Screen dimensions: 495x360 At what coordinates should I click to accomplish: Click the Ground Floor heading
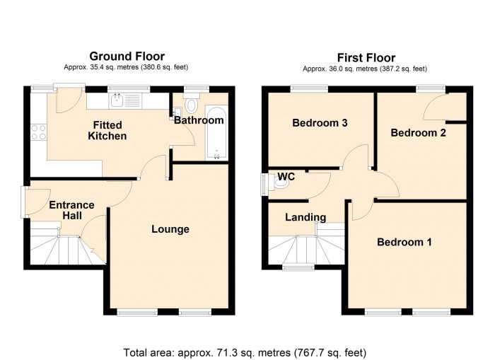point(127,56)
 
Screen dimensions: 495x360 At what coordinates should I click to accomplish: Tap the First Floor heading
point(366,58)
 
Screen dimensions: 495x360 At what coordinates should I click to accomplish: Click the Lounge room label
point(170,229)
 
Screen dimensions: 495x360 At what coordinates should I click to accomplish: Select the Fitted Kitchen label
point(107,130)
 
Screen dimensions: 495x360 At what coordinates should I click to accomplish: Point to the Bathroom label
point(199,120)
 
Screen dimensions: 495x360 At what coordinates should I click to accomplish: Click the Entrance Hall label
point(71,210)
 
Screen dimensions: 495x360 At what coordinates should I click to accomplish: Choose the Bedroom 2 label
point(419,133)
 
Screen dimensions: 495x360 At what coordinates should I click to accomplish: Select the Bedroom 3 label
point(320,122)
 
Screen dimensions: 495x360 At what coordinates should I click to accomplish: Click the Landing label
point(305,217)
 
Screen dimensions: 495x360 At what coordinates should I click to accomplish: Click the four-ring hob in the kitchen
point(39,132)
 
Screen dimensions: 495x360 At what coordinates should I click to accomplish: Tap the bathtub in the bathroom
point(216,133)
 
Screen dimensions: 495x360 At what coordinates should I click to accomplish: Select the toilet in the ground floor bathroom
point(192,103)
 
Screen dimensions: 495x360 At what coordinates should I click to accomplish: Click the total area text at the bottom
point(245,352)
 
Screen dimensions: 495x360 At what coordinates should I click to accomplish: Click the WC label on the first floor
point(286,176)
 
